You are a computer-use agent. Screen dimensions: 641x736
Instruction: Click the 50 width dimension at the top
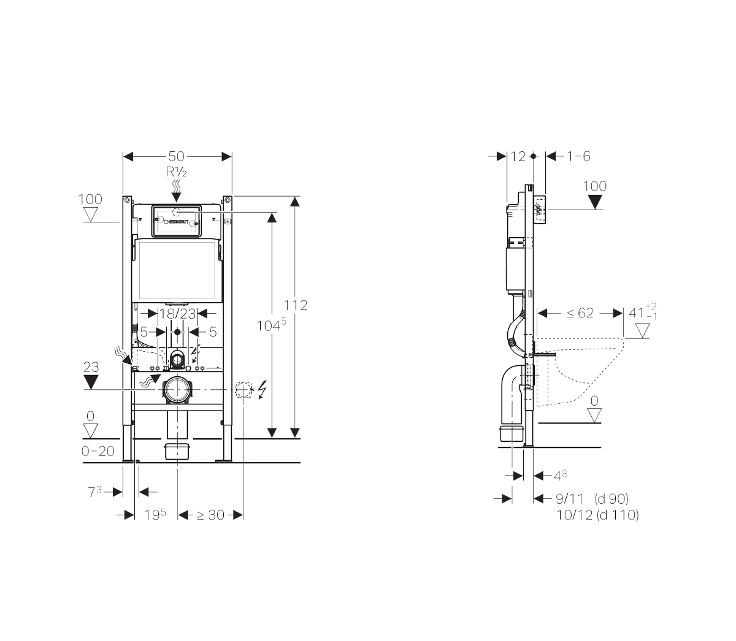(x=177, y=157)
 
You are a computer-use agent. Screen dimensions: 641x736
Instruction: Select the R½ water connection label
(x=177, y=172)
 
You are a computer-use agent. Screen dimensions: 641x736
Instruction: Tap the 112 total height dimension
(x=295, y=305)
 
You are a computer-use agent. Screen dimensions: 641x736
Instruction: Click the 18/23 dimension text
(x=177, y=314)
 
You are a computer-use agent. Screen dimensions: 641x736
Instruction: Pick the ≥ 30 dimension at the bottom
(x=210, y=515)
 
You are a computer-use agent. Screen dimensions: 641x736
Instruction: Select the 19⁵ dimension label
(x=155, y=515)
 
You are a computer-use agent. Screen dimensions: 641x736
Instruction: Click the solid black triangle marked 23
(x=91, y=382)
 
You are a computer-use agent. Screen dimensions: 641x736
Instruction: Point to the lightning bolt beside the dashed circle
(x=263, y=389)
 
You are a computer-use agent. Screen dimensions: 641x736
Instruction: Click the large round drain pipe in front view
(x=177, y=390)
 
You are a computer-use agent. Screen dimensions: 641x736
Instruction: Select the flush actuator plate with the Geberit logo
(x=177, y=219)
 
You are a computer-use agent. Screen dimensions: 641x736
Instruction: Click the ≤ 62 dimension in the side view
(x=580, y=313)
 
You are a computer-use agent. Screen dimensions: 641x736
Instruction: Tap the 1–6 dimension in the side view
(x=578, y=157)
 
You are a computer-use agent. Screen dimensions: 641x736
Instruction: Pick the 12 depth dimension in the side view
(x=518, y=157)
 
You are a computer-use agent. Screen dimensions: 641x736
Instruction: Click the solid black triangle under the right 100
(x=595, y=202)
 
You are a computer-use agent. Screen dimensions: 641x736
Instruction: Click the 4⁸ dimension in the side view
(x=560, y=475)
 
